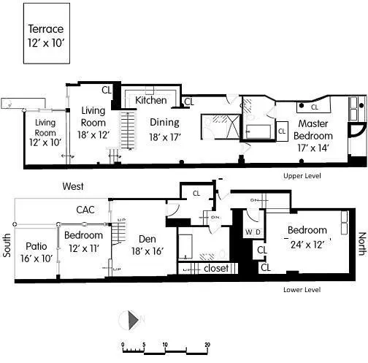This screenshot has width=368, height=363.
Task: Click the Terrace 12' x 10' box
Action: tap(46, 35)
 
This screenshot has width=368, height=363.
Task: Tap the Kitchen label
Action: tap(151, 100)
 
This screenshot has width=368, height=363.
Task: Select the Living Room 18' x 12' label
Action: tap(93, 122)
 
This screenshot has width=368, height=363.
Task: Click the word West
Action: tap(73, 186)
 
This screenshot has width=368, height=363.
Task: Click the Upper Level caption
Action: tap(302, 176)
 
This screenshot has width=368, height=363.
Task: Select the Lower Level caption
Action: tap(302, 289)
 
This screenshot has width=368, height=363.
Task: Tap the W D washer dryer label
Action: tap(253, 233)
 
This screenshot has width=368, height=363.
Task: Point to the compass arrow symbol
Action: tap(132, 320)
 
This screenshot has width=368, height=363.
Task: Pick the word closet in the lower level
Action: tap(217, 268)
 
